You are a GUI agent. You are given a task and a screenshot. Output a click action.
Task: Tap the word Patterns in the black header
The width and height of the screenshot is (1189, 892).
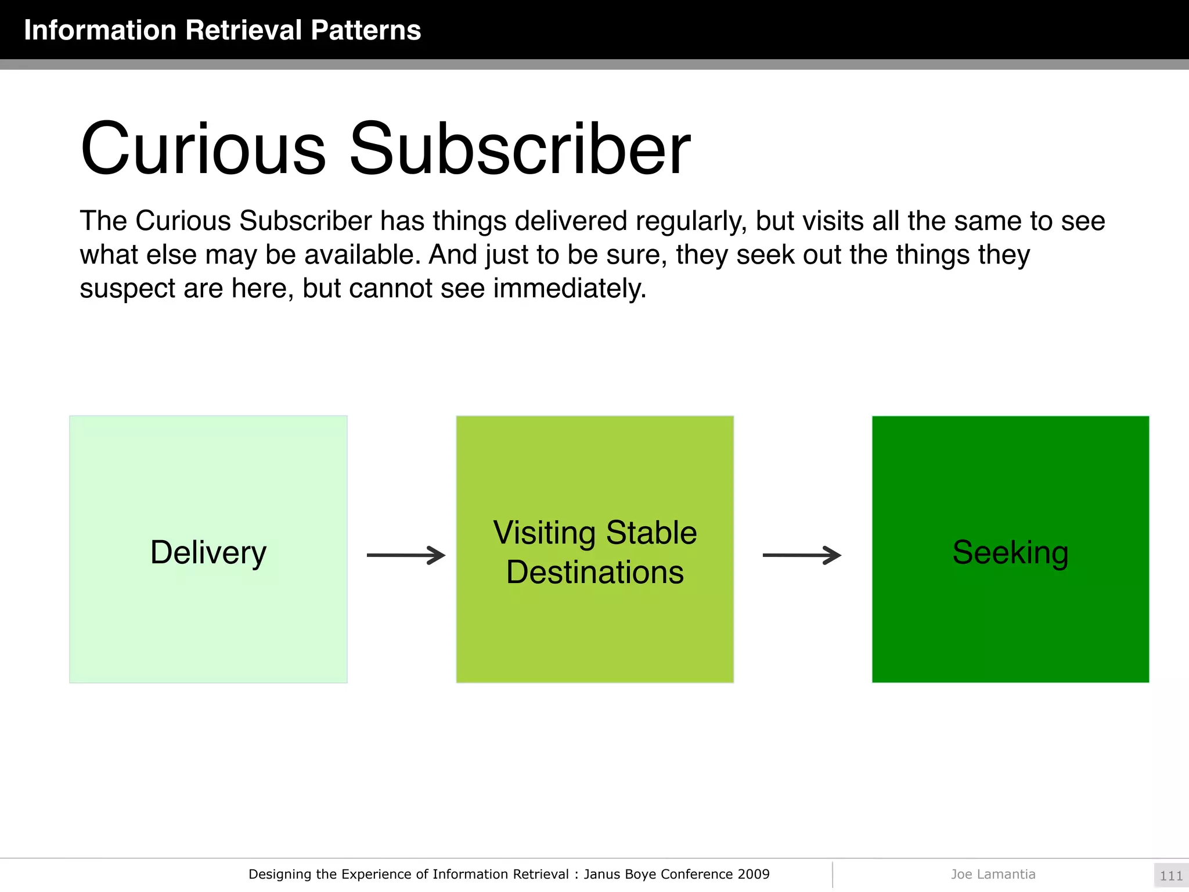(365, 30)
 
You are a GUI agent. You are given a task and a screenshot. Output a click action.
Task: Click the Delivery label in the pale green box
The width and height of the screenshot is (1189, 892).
(208, 552)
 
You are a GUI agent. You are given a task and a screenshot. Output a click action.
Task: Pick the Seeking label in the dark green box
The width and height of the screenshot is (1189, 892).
(1010, 552)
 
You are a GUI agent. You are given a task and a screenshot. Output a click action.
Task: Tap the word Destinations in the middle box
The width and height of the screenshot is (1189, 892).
(595, 572)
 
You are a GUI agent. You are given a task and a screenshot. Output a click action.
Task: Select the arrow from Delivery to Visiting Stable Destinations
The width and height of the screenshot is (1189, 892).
(406, 555)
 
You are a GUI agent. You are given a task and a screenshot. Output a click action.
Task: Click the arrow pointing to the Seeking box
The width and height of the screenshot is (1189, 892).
(801, 555)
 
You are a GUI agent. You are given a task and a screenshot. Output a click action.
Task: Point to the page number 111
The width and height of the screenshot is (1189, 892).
(1170, 876)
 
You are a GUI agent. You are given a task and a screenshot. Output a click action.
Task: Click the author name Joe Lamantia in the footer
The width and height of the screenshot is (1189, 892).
(993, 875)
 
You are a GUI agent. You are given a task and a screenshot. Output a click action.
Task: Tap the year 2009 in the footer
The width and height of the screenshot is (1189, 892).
(754, 875)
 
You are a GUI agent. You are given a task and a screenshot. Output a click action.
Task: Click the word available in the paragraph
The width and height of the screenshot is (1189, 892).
(362, 256)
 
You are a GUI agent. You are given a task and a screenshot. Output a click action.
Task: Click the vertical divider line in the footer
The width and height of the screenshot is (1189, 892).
(833, 875)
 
